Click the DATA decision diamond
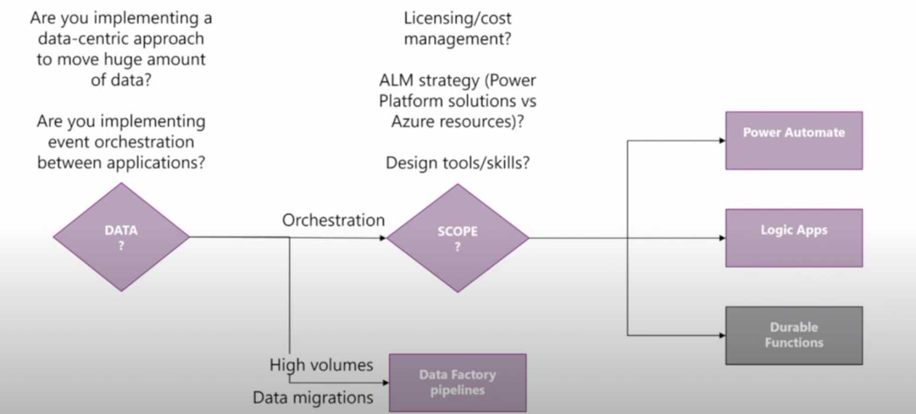pyautogui.click(x=121, y=237)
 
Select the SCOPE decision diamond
pyautogui.click(x=457, y=238)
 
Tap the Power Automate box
pyautogui.click(x=794, y=140)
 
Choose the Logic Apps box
pyautogui.click(x=794, y=237)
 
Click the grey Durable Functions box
pyautogui.click(x=794, y=335)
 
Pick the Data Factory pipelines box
pyautogui.click(x=457, y=382)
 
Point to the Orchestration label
pyautogui.click(x=333, y=220)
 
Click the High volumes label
pyautogui.click(x=321, y=364)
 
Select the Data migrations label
pyautogui.click(x=313, y=397)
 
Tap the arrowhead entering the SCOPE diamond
pyautogui.click(x=383, y=238)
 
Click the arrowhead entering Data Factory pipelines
pyautogui.click(x=385, y=382)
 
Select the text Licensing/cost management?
pyautogui.click(x=457, y=29)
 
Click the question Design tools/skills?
pyautogui.click(x=457, y=163)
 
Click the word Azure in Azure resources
pyautogui.click(x=416, y=121)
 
